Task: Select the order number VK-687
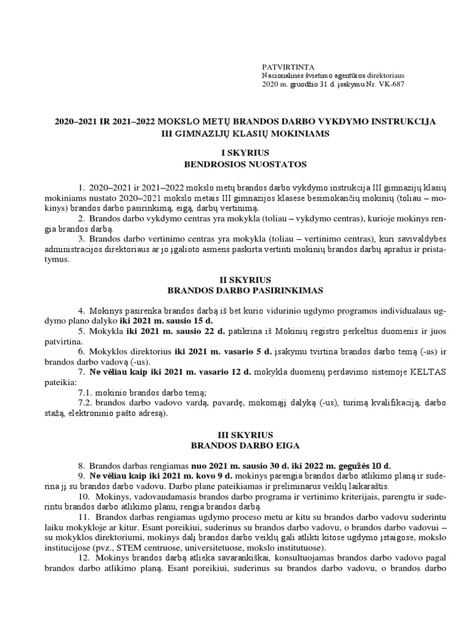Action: pos(390,84)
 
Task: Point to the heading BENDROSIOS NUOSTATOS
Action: pos(236,164)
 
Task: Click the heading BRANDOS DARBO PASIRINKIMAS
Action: pos(236,291)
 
